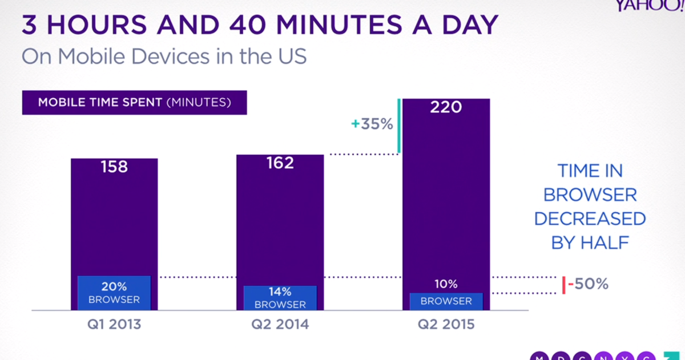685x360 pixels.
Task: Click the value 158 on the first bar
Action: click(114, 167)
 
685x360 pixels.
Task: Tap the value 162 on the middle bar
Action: click(280, 163)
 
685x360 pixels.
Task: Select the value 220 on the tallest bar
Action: click(446, 106)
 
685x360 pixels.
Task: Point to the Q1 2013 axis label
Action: click(114, 325)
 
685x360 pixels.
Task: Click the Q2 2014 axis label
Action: click(280, 325)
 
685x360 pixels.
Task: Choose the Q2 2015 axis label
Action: click(446, 325)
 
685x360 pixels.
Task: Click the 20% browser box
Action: click(114, 293)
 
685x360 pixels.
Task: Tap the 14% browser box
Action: click(280, 298)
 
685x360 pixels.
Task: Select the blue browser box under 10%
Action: click(446, 301)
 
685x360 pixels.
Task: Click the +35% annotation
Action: click(372, 124)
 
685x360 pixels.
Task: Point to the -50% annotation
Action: click(589, 284)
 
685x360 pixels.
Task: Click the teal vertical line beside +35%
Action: click(399, 126)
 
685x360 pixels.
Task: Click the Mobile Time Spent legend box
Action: click(135, 103)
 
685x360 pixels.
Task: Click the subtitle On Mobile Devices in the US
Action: click(164, 57)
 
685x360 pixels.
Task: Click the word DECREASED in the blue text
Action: click(590, 219)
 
